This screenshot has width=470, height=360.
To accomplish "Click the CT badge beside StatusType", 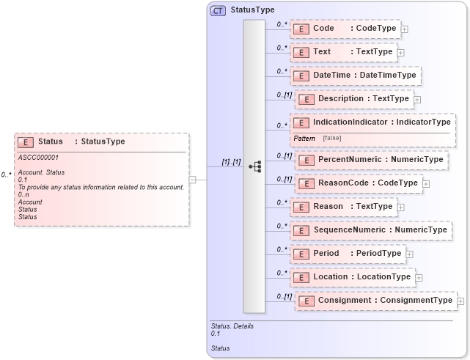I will click(x=218, y=10).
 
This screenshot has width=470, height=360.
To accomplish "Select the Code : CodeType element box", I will click(x=345, y=29).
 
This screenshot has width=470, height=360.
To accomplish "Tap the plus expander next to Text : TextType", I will click(x=401, y=53).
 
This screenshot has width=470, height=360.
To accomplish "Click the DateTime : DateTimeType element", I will click(x=356, y=76).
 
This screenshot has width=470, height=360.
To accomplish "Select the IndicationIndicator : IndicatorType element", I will click(x=372, y=122).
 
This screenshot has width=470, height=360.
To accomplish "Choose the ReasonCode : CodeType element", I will click(x=358, y=183).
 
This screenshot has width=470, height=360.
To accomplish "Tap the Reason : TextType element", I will click(x=345, y=207).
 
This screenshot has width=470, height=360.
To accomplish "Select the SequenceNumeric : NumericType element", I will click(x=371, y=230).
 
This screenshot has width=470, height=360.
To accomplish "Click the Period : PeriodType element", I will click(x=348, y=254).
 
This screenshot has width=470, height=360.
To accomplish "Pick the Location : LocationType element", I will click(x=353, y=277).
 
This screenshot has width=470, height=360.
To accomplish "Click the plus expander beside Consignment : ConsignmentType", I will click(x=460, y=301).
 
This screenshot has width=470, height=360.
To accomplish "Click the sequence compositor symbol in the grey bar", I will click(x=254, y=166).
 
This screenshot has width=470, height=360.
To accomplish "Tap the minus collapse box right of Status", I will click(x=192, y=178).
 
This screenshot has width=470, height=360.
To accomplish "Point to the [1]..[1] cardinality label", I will click(x=231, y=161).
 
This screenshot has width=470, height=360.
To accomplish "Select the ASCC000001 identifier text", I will click(x=38, y=158).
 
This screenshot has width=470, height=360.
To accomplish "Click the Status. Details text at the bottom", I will click(x=232, y=326).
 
